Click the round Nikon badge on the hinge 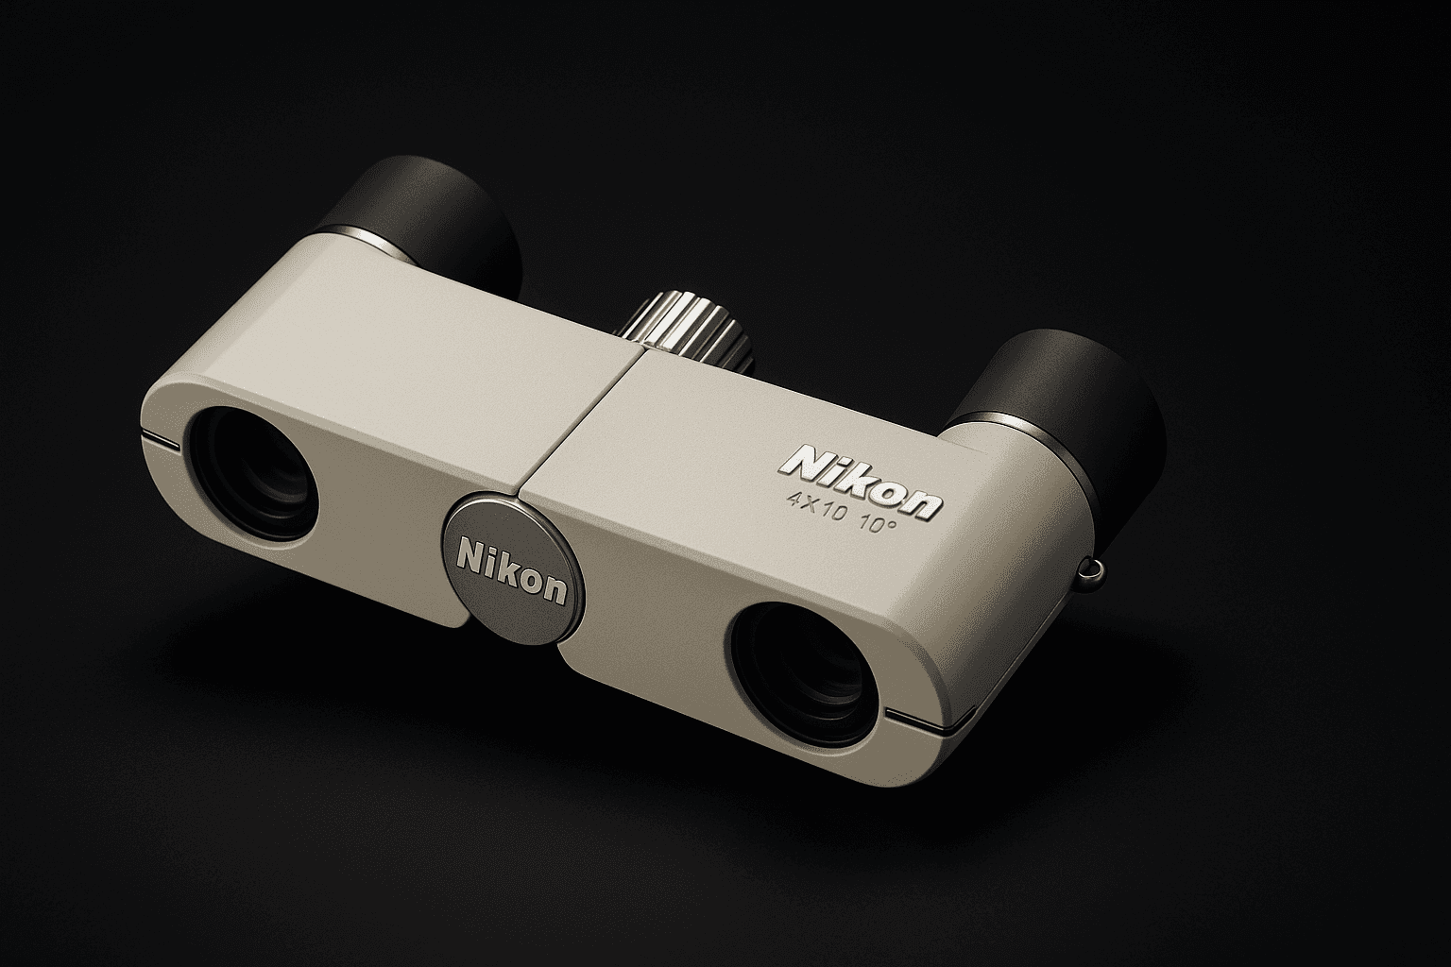[x=513, y=568]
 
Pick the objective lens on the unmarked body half [x=252, y=474]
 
